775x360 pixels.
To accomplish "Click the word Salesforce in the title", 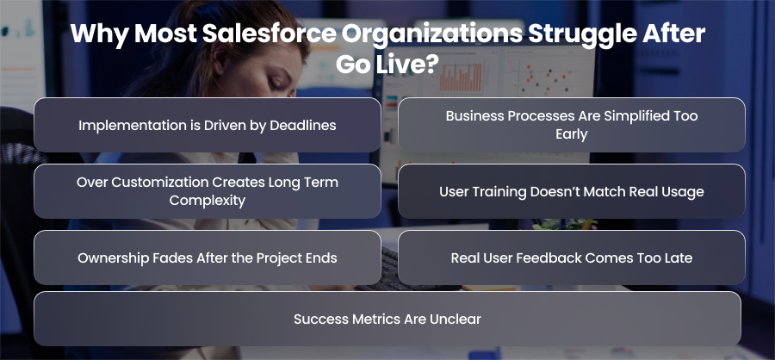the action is [263, 33].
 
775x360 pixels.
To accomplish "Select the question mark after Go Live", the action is [432, 65].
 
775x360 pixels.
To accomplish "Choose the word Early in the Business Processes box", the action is [572, 134].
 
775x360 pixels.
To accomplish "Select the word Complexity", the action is [207, 201].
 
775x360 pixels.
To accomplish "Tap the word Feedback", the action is [552, 258].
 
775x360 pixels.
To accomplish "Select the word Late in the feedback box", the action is [679, 258].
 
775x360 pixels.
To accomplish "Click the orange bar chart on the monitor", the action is [460, 78].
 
